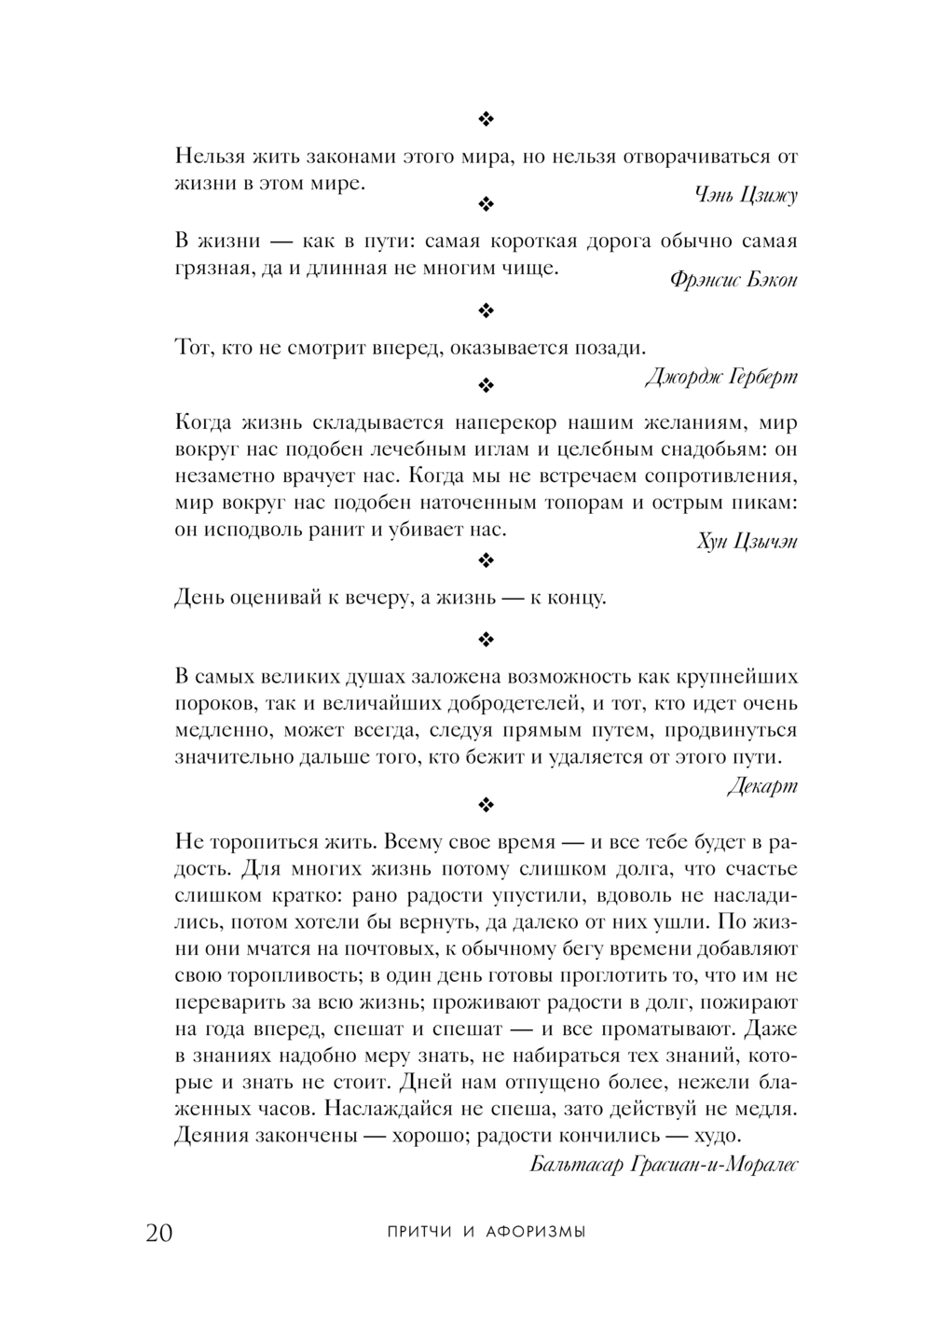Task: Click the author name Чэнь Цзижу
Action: point(746,195)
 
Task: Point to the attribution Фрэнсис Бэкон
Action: point(733,281)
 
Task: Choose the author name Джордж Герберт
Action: point(720,377)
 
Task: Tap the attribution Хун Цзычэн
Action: point(747,542)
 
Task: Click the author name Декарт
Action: point(762,785)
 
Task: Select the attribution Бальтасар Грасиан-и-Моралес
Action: point(664,1165)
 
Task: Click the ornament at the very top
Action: point(486,118)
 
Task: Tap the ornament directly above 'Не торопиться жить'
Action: point(486,804)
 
